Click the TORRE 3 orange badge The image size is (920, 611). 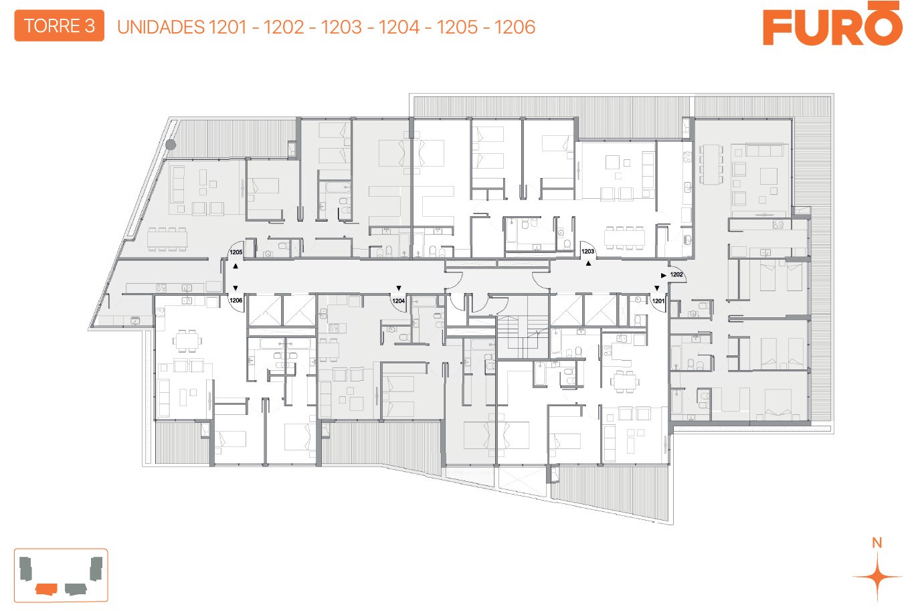click(59, 26)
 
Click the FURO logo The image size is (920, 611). click(832, 24)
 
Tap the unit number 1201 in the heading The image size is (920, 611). click(227, 27)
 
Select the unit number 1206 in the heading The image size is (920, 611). click(515, 27)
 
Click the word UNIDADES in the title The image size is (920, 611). click(161, 27)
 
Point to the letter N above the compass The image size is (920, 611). click(877, 543)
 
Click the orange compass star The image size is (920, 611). click(877, 577)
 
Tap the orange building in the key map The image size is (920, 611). click(46, 589)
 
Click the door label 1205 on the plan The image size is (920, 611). click(236, 252)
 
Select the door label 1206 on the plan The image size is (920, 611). click(236, 300)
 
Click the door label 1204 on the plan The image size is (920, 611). click(398, 300)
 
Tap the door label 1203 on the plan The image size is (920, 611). click(587, 251)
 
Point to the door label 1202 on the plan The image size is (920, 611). click(676, 274)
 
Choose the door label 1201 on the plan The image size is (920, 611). click(658, 301)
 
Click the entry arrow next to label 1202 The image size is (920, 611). click(663, 275)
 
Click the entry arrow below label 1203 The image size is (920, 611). click(588, 264)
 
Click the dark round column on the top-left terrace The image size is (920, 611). click(171, 145)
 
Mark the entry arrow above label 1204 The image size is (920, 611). click(398, 288)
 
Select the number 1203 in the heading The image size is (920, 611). click(342, 27)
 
